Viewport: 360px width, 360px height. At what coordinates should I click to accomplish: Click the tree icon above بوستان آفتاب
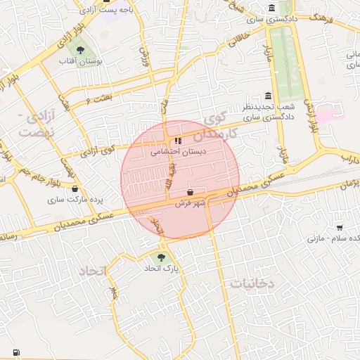point(81,50)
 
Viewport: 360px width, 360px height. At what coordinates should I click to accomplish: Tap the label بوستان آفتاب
point(81,62)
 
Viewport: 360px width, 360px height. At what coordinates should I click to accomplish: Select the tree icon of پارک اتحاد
point(162,258)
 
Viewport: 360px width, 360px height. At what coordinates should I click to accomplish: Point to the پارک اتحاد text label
point(162,269)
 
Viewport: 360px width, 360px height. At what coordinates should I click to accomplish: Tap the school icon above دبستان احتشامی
point(177,141)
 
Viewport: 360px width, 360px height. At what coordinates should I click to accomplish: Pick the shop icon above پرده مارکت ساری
point(75,188)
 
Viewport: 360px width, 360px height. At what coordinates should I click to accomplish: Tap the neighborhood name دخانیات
point(251,283)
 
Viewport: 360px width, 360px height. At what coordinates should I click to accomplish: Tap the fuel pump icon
point(15,352)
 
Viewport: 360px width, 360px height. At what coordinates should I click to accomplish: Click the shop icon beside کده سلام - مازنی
point(340,227)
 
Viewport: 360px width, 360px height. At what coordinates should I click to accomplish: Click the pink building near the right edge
point(327,112)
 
